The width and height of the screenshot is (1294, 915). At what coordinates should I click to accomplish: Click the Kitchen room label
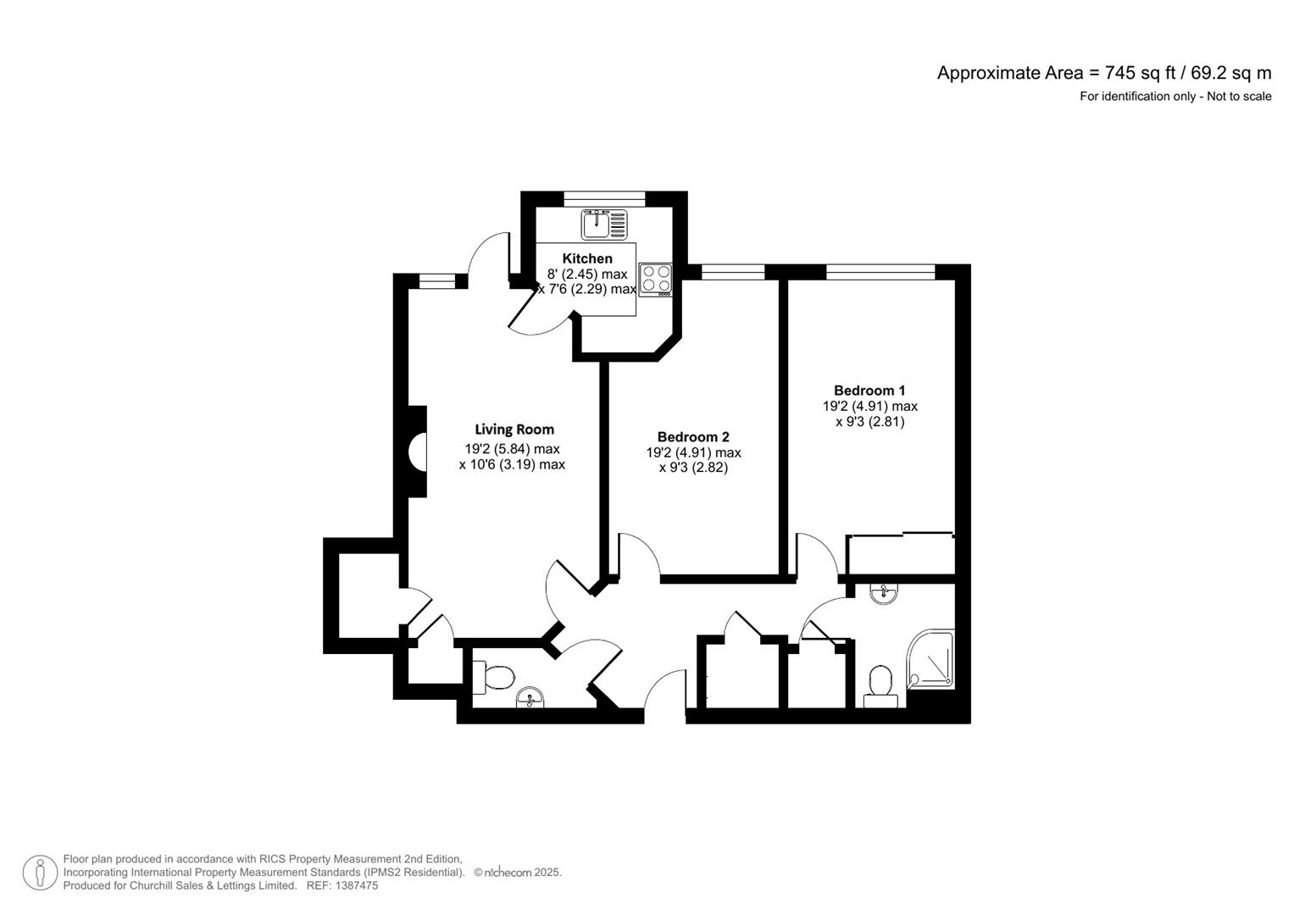[x=587, y=258]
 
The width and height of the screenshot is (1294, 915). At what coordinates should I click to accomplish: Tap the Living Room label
[x=514, y=430]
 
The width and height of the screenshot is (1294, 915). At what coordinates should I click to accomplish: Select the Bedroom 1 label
[x=869, y=391]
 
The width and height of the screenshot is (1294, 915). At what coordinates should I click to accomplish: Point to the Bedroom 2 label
[x=693, y=436]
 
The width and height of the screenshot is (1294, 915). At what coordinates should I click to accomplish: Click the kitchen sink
[x=603, y=225]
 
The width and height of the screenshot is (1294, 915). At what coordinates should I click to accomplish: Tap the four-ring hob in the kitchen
[x=656, y=280]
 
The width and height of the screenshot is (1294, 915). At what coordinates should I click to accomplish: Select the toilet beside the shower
[x=880, y=687]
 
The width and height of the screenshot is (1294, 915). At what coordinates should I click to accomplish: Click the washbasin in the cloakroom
[x=530, y=697]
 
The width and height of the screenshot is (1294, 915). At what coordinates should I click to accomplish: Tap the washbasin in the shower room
[x=883, y=593]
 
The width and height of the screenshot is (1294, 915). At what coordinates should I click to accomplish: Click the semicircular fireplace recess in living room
[x=417, y=451]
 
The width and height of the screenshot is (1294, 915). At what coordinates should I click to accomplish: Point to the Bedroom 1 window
[x=880, y=271]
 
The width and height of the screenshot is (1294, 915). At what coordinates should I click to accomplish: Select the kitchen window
[x=604, y=199]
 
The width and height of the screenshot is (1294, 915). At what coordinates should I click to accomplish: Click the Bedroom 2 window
[x=732, y=271]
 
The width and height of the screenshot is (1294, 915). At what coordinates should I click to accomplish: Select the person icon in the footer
[x=40, y=873]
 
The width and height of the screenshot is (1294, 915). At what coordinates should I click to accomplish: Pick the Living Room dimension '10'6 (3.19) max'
[x=512, y=464]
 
